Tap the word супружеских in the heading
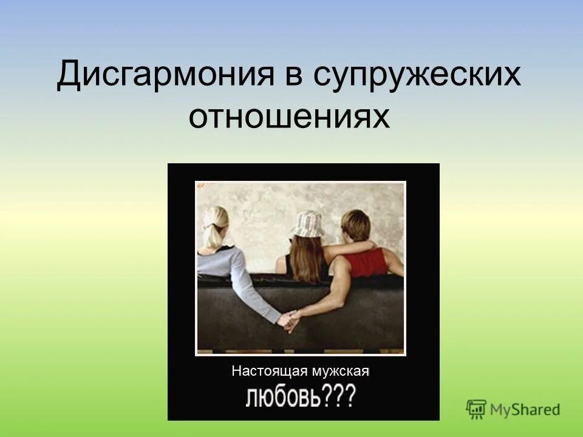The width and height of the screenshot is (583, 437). [x=418, y=75]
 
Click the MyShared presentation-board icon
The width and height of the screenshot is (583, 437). [x=477, y=408]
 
